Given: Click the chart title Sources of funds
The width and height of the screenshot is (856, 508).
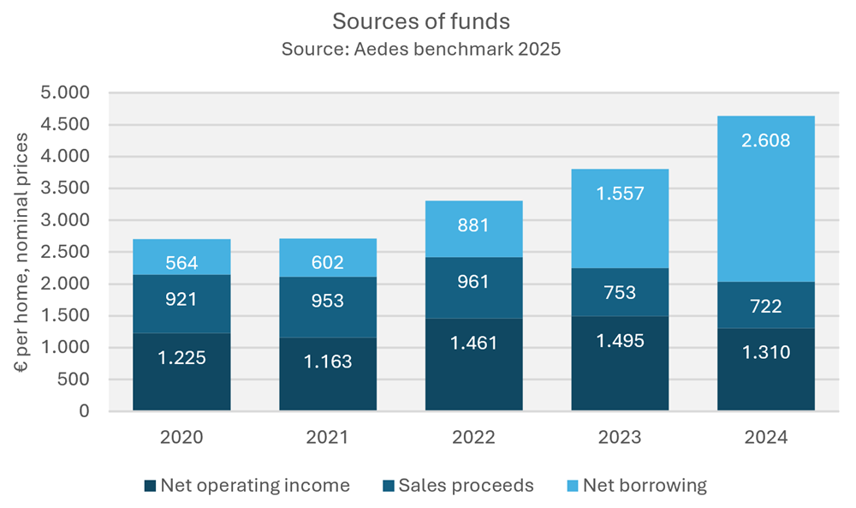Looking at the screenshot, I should pos(420,21).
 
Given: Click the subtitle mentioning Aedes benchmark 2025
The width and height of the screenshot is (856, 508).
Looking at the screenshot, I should pos(420,49).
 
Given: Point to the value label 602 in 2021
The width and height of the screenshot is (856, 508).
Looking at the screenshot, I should pos(327,263).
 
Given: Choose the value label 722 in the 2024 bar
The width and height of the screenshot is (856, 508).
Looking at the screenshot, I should pos(766,306).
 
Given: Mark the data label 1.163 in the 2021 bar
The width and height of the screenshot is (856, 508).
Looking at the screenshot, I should pos(327,362).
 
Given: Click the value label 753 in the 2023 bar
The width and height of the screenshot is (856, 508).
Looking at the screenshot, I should pos(620,293).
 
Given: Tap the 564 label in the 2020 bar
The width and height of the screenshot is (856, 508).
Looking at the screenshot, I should pos(181,263).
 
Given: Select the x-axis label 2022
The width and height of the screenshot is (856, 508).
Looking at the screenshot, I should pos(473,437).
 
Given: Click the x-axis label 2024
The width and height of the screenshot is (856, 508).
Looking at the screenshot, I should pos(766,437).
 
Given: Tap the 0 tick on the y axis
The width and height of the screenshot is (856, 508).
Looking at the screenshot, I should pos(83,411).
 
